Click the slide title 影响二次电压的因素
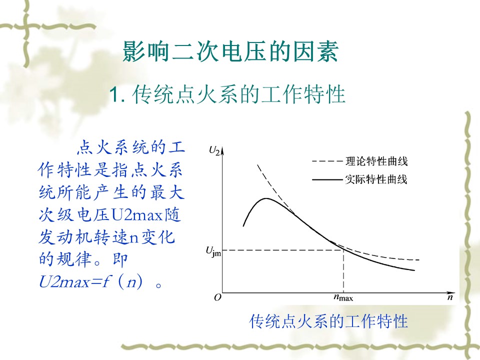(230, 51)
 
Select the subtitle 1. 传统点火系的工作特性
(227, 94)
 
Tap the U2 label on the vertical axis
(214, 150)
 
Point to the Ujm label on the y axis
(213, 252)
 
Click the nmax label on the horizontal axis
(343, 297)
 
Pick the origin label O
(217, 297)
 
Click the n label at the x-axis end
(449, 297)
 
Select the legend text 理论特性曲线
(376, 161)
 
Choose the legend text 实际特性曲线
(376, 179)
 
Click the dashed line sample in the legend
(327, 161)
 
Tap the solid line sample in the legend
(327, 179)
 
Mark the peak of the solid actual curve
(266, 198)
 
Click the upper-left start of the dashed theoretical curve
(257, 165)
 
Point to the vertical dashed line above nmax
(343, 271)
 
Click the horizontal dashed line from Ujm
(282, 250)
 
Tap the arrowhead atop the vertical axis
(222, 149)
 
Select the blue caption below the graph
(328, 321)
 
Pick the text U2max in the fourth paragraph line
(137, 214)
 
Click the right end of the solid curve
(414, 270)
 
